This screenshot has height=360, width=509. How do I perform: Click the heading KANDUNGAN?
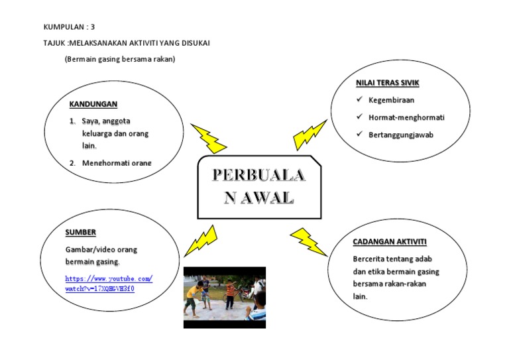coord(93,104)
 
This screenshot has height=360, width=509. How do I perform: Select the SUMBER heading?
coord(80,232)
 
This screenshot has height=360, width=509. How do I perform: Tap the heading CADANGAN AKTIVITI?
coord(390,241)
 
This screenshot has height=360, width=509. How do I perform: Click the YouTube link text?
coord(109,284)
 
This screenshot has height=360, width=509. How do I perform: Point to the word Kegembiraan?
coord(392,101)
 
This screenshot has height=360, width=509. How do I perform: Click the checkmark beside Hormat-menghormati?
coord(359,117)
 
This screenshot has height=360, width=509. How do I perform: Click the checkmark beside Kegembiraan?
coord(359,100)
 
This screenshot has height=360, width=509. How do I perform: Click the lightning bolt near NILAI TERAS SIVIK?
coord(309,135)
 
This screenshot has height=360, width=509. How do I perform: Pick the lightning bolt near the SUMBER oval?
coord(200,240)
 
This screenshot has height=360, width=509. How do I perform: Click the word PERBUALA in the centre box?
coord(258,175)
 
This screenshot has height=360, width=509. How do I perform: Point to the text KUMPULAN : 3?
coord(70,27)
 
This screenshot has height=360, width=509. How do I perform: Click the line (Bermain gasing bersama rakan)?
coord(120,59)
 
